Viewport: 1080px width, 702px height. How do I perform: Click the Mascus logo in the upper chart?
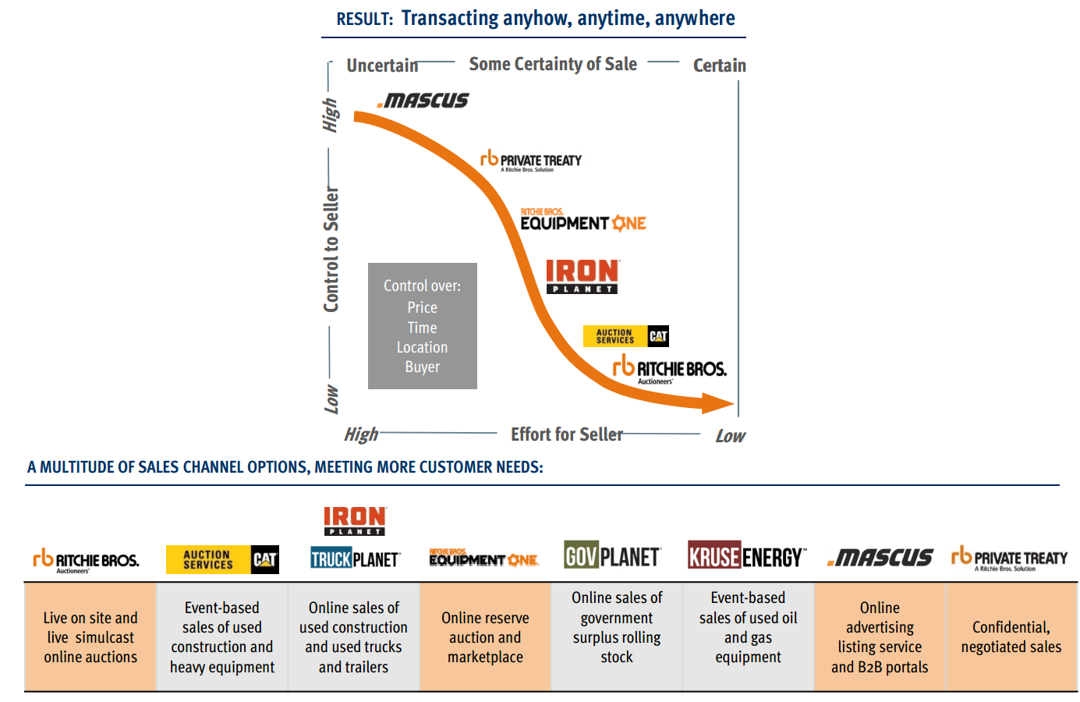[423, 101]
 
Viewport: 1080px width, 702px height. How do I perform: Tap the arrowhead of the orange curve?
[718, 403]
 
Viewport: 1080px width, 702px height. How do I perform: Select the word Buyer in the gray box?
[422, 367]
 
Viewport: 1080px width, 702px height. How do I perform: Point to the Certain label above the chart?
[719, 66]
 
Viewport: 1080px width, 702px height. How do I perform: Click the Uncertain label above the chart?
[382, 66]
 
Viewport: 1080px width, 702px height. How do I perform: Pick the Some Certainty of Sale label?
[553, 64]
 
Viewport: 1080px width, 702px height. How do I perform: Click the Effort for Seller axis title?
[567, 434]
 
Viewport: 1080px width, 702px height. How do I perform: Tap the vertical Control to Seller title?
[331, 250]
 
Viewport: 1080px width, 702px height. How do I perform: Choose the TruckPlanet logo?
[355, 558]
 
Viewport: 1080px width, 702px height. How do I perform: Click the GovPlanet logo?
[612, 557]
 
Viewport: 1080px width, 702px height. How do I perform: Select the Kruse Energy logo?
[746, 557]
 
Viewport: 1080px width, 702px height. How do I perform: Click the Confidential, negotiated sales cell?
[1011, 637]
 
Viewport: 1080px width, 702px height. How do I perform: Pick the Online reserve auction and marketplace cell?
[485, 637]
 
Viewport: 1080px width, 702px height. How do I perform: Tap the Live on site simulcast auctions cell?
[90, 637]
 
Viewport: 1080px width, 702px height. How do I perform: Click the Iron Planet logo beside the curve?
[582, 276]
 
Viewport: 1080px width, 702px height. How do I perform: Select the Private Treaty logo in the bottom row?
[1009, 558]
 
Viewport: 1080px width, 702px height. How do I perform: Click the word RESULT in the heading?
[364, 19]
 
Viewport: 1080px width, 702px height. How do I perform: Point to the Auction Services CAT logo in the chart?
[626, 336]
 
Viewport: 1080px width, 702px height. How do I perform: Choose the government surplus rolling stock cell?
[617, 627]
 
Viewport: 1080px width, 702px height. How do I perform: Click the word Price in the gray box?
[422, 307]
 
